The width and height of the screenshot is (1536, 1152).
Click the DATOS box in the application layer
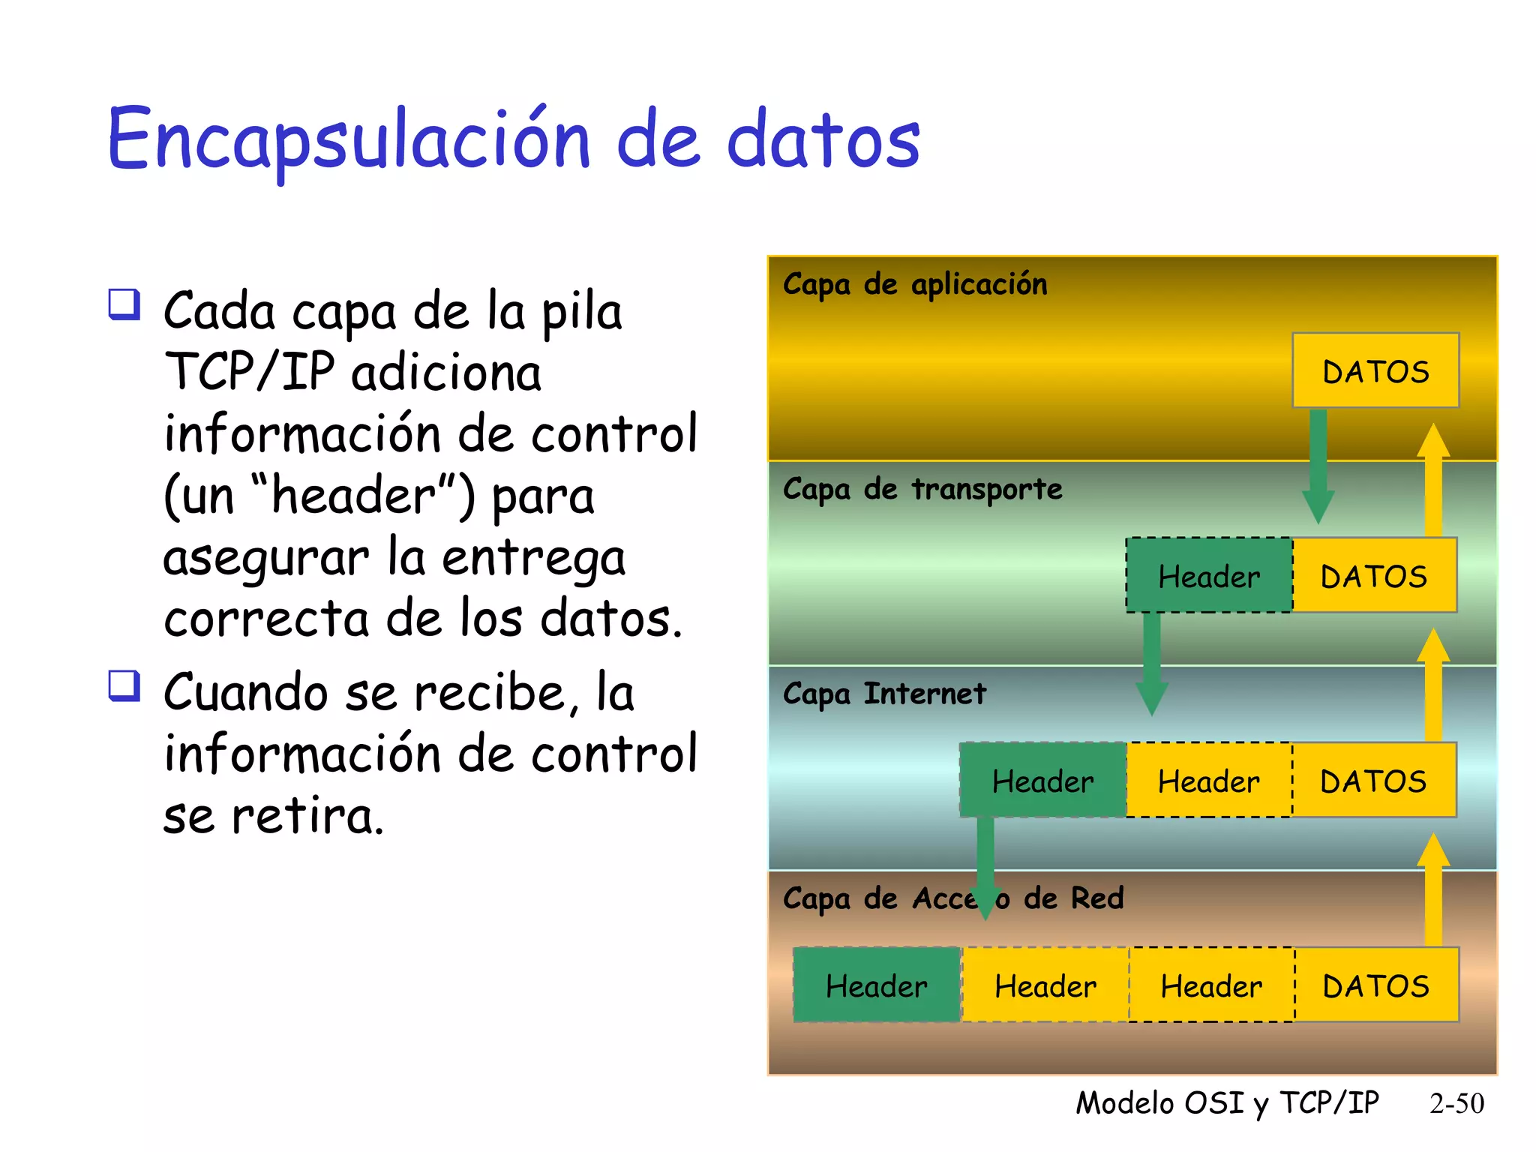pyautogui.click(x=1375, y=370)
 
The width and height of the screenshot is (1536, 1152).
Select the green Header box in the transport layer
pyautogui.click(x=1208, y=575)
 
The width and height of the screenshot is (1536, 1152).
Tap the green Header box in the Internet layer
pyautogui.click(x=1042, y=780)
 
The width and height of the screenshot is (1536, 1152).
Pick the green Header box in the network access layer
pyautogui.click(x=876, y=985)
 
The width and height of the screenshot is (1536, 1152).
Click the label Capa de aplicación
pyautogui.click(x=914, y=284)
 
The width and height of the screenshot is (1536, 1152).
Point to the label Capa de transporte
pyautogui.click(x=922, y=489)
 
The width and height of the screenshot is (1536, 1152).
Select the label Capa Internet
pyautogui.click(x=884, y=694)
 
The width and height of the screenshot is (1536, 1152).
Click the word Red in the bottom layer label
pyautogui.click(x=1096, y=898)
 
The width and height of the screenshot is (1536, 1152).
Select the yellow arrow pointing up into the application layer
pyautogui.click(x=1432, y=480)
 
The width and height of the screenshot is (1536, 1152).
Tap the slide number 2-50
pyautogui.click(x=1456, y=1103)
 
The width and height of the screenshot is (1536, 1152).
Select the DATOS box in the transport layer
pyautogui.click(x=1374, y=575)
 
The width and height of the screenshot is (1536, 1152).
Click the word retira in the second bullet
pyautogui.click(x=307, y=816)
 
